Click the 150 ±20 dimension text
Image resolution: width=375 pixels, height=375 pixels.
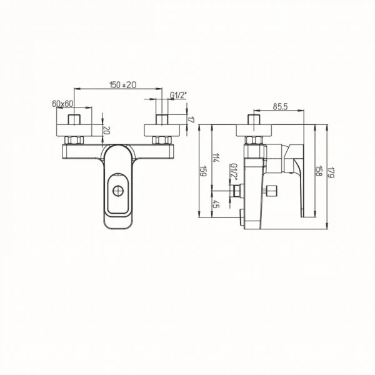coord(122,85)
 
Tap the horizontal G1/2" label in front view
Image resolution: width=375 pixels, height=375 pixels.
coord(179,95)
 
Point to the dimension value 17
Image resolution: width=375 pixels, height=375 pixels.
coord(192,119)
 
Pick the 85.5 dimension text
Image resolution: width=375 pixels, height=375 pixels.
coord(279,107)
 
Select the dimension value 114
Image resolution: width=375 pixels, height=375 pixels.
coord(216,158)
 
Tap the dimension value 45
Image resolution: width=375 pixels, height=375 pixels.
coord(216,202)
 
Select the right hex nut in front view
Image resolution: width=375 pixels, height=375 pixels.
coord(161,139)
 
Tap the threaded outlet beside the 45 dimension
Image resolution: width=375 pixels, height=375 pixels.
coord(238,192)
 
